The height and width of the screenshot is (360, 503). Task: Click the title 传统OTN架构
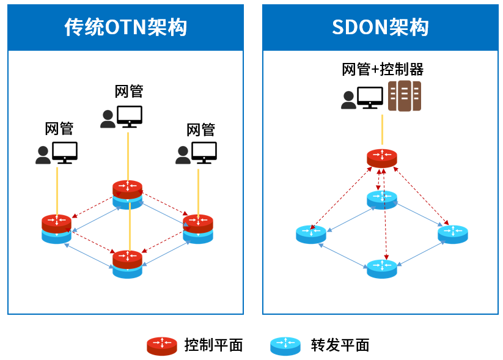125,28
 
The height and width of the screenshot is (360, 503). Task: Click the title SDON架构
380,28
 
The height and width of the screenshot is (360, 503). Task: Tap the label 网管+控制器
383,69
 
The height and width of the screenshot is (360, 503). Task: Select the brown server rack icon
405,96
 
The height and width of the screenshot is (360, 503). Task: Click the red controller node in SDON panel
382,158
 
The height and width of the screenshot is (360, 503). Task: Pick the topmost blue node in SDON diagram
382,199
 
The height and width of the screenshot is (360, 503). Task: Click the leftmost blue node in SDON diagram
311,234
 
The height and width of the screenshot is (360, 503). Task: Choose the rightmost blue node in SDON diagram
453,234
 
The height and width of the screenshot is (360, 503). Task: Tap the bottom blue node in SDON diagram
382,268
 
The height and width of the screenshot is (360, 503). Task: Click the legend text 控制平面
213,345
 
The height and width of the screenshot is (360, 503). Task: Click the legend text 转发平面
340,345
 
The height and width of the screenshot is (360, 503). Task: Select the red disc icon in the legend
162,346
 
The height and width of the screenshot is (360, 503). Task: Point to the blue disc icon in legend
285,346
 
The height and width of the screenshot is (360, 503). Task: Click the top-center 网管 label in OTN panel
129,91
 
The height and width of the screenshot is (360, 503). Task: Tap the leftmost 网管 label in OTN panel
59,128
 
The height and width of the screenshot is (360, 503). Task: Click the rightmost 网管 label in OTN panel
200,130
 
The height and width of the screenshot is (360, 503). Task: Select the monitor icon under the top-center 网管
130,116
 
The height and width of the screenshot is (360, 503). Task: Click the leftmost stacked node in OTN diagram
57,228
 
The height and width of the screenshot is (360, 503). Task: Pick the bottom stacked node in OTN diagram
128,263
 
